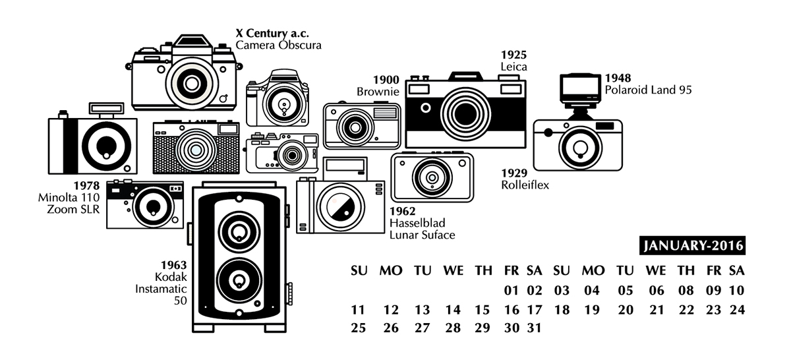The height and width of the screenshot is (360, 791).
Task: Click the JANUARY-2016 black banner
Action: pos(693,246)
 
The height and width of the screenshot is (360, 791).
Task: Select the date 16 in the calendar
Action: pos(512,309)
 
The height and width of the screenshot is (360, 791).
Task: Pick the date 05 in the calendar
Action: pos(626,290)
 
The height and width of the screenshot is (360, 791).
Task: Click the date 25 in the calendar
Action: pos(358,328)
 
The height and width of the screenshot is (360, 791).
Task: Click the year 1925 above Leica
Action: pos(513,55)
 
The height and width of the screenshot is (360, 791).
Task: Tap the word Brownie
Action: pos(378,92)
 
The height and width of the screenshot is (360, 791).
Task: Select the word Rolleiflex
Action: pos(525,185)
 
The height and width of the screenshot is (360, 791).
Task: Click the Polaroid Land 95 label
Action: pos(648,90)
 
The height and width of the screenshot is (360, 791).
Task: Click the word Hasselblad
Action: pos(419,223)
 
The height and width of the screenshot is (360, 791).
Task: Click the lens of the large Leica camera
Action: pos(465,111)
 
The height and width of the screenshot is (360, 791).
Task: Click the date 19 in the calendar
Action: pos(591,309)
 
